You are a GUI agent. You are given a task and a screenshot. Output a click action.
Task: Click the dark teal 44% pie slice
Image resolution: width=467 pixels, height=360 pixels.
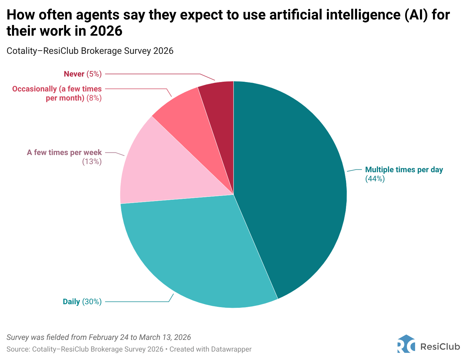(x=292, y=188)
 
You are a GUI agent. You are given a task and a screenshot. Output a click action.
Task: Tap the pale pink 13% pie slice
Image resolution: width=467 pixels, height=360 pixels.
(x=156, y=169)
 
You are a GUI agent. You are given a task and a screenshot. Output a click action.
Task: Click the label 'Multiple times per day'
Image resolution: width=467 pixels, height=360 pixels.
(x=404, y=170)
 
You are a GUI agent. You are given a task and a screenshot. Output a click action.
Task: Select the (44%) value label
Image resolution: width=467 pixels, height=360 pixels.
(x=375, y=179)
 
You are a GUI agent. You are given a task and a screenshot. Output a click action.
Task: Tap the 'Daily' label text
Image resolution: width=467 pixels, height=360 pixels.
(x=71, y=302)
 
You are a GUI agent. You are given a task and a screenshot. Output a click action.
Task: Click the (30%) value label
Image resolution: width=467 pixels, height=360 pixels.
(x=92, y=302)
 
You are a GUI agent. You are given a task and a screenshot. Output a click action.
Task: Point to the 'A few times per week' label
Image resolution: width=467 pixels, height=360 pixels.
(x=64, y=152)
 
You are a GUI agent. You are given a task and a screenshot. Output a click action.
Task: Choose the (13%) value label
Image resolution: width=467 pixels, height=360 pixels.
(x=92, y=161)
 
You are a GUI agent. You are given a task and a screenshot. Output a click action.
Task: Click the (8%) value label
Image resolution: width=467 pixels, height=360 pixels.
(x=94, y=98)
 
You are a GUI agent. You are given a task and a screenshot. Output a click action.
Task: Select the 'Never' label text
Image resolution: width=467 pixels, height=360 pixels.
(x=74, y=74)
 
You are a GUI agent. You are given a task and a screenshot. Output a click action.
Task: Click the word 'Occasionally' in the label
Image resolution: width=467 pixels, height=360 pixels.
(x=34, y=89)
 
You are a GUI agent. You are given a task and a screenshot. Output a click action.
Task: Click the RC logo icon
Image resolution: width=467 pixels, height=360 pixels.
(x=406, y=344)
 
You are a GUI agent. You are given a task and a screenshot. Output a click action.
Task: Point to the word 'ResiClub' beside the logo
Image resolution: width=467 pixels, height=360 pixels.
(x=440, y=347)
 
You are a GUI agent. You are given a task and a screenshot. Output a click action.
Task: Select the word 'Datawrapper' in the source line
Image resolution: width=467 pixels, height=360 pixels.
(x=231, y=349)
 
